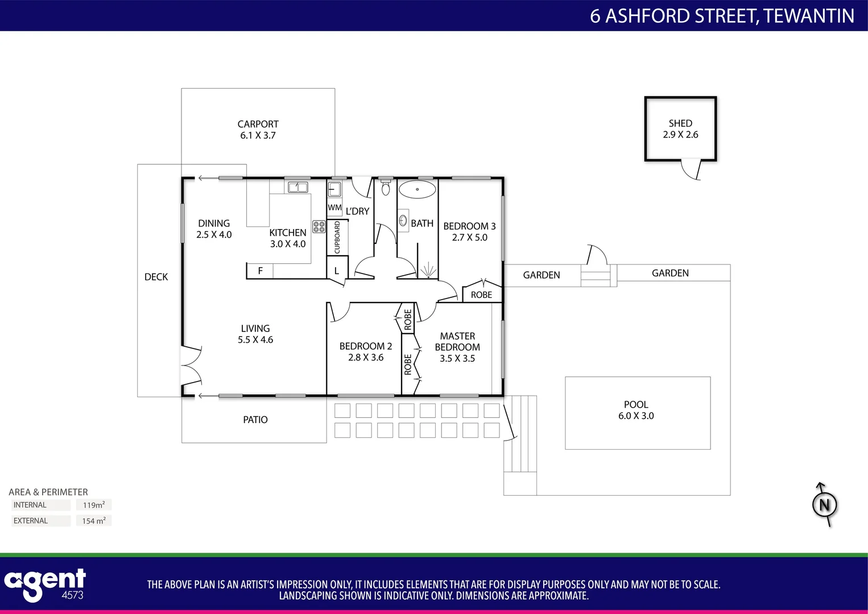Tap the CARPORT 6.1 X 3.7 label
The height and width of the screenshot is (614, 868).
point(258,130)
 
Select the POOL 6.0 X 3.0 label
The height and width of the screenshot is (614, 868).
point(636,410)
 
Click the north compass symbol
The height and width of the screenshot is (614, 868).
point(824,505)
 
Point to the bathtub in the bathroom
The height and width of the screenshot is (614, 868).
point(417,189)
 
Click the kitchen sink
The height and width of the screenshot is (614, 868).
point(297,187)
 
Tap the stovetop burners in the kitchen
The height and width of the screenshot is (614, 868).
point(319,227)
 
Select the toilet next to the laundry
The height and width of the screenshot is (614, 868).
point(386,187)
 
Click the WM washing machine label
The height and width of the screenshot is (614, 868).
point(334,208)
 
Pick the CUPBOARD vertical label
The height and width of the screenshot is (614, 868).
point(337,238)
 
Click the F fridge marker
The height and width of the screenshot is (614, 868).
point(260,271)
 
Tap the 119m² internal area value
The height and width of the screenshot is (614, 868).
point(94,505)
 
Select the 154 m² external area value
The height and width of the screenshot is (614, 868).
point(94,521)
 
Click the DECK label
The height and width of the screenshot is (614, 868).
point(156,277)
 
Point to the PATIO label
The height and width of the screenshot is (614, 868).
point(255,420)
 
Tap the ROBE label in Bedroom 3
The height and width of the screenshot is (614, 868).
point(481,294)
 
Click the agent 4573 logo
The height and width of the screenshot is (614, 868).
point(45,584)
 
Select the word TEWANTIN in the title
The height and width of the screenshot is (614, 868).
point(808,16)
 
